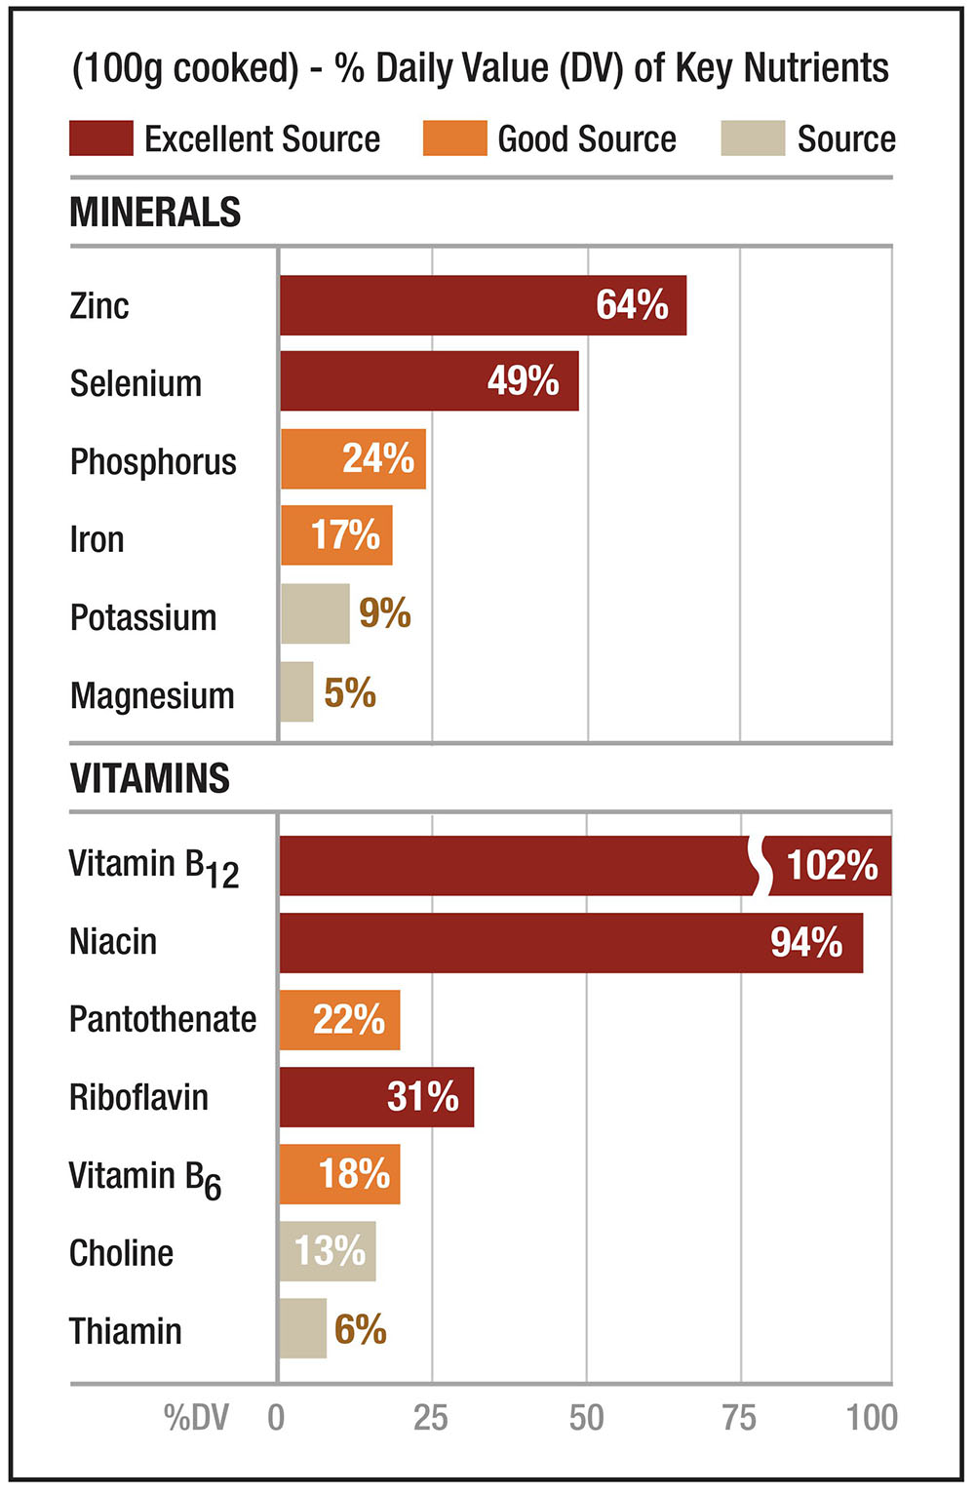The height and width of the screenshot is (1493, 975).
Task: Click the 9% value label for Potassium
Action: click(x=385, y=613)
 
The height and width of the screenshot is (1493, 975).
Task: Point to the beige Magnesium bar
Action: click(x=296, y=691)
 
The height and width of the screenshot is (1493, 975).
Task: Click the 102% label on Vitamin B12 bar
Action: click(x=832, y=866)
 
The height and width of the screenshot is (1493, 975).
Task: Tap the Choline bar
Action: click(x=328, y=1251)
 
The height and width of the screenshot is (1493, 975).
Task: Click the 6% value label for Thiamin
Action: click(x=361, y=1329)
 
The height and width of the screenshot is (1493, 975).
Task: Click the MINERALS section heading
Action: click(x=155, y=213)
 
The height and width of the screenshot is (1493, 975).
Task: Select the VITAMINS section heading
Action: click(x=150, y=778)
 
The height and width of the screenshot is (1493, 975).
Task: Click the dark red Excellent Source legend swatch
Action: click(x=101, y=138)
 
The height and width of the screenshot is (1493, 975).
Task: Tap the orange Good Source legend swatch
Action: click(x=454, y=138)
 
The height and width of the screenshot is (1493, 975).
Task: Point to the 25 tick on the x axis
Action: click(x=431, y=1417)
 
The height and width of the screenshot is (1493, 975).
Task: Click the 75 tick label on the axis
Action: click(x=739, y=1417)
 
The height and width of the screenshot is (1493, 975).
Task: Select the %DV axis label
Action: click(x=196, y=1418)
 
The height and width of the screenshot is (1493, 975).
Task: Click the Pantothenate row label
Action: click(x=163, y=1020)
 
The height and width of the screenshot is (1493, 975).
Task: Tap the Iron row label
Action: click(x=97, y=539)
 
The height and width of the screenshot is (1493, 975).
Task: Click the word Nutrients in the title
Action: click(x=816, y=68)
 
